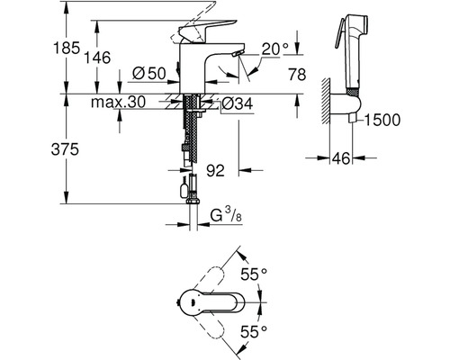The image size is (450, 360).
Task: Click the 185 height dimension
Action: (67, 48)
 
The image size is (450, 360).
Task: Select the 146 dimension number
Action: (96, 58)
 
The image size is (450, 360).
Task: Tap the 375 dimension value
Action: (65, 148)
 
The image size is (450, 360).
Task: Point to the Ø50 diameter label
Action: (149, 73)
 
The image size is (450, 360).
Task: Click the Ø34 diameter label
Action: (238, 103)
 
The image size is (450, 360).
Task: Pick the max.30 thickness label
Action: (118, 103)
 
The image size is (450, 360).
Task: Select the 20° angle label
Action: (275, 49)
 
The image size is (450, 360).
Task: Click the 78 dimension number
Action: (297, 75)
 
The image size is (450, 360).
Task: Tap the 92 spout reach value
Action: (215, 171)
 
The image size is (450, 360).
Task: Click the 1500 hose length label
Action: (382, 120)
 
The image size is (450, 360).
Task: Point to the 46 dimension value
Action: (341, 158)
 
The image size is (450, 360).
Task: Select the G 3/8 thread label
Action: (226, 216)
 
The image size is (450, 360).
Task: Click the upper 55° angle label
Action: (254, 274)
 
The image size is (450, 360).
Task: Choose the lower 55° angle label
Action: (254, 332)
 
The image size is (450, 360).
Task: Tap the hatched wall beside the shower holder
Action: (326, 101)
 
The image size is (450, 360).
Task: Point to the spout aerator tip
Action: (238, 53)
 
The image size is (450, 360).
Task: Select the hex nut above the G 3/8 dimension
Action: (193, 201)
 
